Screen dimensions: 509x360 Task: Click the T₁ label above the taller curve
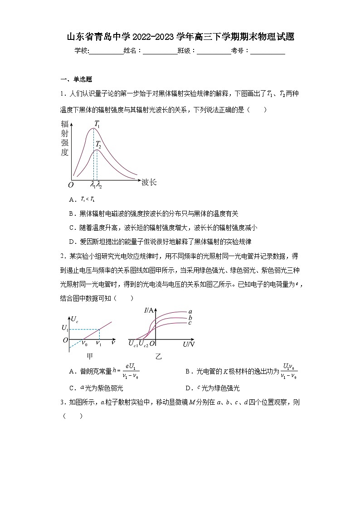[x=97, y=123]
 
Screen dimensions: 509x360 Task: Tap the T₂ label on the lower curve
[x=98, y=145]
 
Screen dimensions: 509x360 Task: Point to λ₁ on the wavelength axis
[x=92, y=184]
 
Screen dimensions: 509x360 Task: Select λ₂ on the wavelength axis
[x=99, y=184]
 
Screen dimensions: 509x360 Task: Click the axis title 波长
[x=149, y=182]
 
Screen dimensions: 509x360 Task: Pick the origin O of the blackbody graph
[x=71, y=185]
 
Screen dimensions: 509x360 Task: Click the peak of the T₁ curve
[x=94, y=128]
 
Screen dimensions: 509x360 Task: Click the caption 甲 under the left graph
[x=90, y=357]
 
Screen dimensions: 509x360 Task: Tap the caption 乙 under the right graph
[x=158, y=357]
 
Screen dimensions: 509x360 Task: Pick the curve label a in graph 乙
[x=190, y=311]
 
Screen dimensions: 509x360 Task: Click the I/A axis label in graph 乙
[x=149, y=310]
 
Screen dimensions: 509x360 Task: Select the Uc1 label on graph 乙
[x=132, y=344]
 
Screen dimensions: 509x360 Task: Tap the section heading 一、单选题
[x=76, y=79]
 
